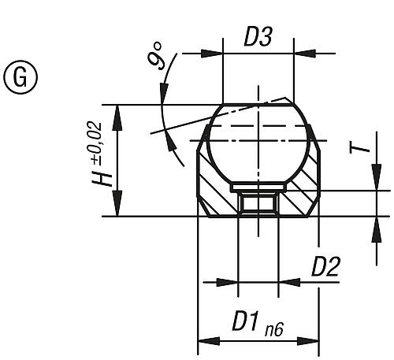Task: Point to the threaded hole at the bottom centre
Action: [x=258, y=206]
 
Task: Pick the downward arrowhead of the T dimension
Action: [x=375, y=184]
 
